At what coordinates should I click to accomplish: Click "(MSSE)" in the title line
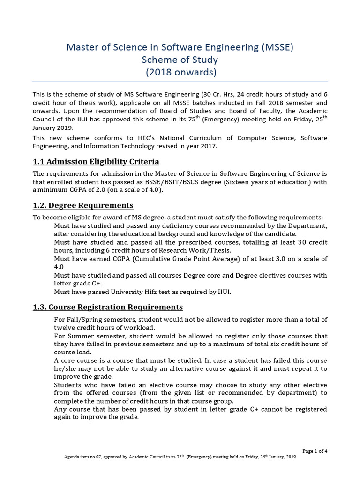click(277, 47)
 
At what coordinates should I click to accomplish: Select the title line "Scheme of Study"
click(180, 60)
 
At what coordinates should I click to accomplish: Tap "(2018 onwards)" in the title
click(180, 72)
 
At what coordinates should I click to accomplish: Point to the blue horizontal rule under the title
click(180, 80)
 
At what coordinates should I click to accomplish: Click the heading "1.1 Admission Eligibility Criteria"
click(96, 162)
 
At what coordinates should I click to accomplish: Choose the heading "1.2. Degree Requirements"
click(83, 205)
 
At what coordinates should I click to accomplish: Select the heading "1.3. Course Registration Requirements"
click(107, 307)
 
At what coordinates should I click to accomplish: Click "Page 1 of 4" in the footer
click(315, 451)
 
